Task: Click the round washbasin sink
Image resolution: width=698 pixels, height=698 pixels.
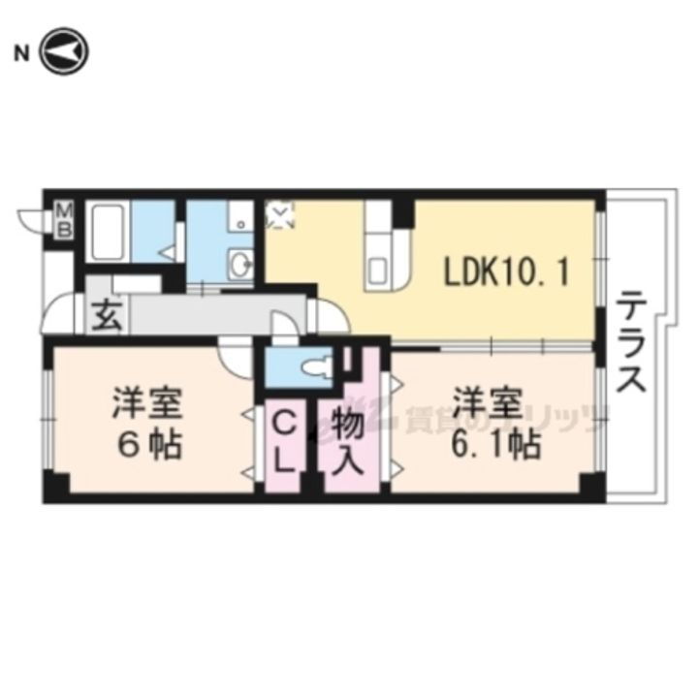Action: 238,262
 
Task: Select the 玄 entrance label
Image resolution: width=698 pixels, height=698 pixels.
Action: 106,316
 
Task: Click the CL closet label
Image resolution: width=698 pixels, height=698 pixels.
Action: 282,441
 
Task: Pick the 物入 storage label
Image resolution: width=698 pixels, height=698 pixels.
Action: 346,441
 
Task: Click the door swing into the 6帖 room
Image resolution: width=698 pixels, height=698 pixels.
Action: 235,358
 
